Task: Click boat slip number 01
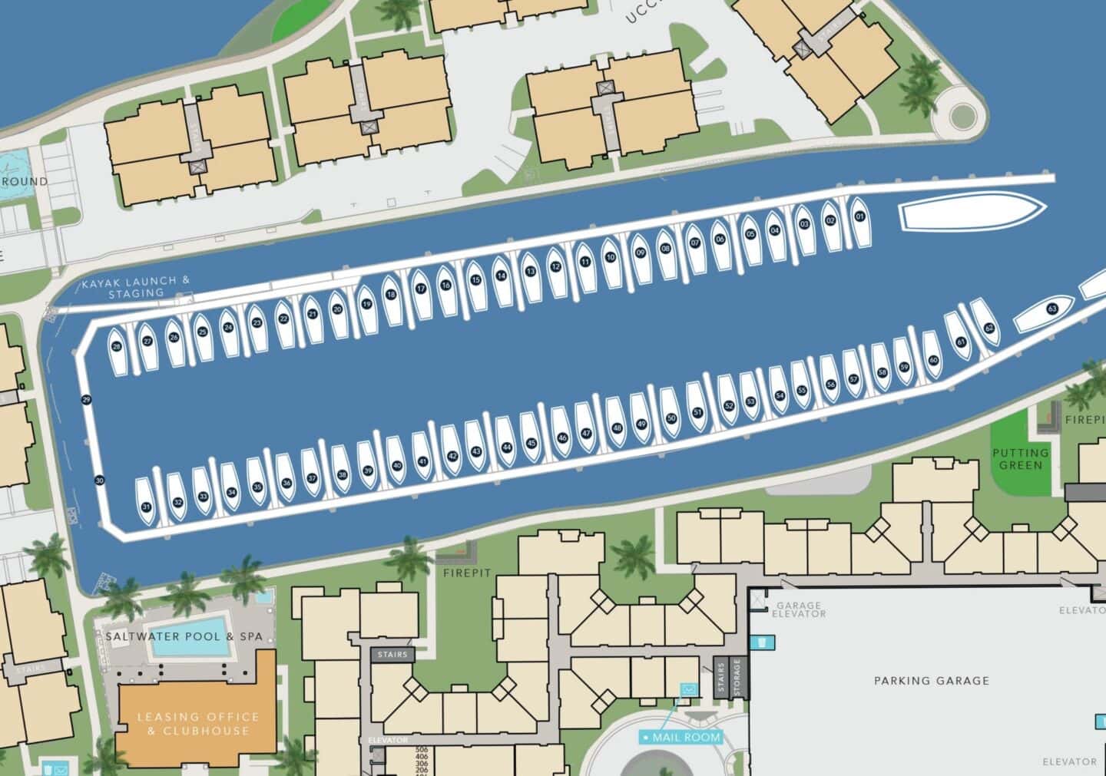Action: click(x=859, y=217)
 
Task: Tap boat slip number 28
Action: click(x=117, y=347)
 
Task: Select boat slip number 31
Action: click(x=146, y=507)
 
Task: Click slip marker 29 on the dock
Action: click(x=86, y=399)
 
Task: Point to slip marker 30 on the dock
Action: click(x=99, y=480)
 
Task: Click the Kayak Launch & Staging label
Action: click(x=136, y=286)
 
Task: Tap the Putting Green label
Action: click(x=1021, y=459)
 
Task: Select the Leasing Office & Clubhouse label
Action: click(x=198, y=723)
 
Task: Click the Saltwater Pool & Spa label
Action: click(x=184, y=636)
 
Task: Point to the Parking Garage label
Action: click(x=931, y=680)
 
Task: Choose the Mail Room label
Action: click(x=683, y=738)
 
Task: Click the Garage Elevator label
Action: click(x=799, y=609)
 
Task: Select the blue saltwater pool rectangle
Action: click(x=190, y=645)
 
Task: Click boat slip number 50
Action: click(x=671, y=418)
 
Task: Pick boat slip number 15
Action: click(x=475, y=280)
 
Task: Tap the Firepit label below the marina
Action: click(x=465, y=573)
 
